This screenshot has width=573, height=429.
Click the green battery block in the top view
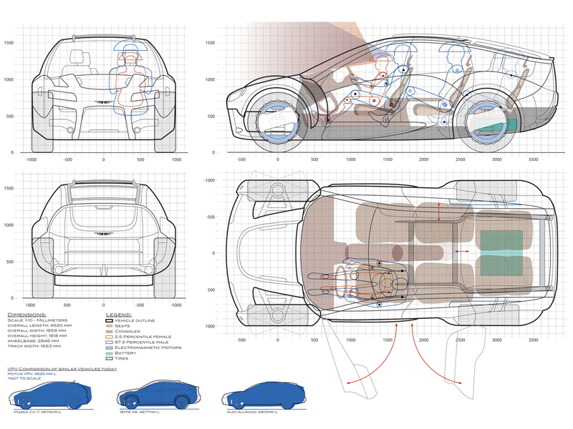coord(501,252)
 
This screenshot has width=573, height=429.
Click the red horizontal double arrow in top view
coord(459,252)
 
